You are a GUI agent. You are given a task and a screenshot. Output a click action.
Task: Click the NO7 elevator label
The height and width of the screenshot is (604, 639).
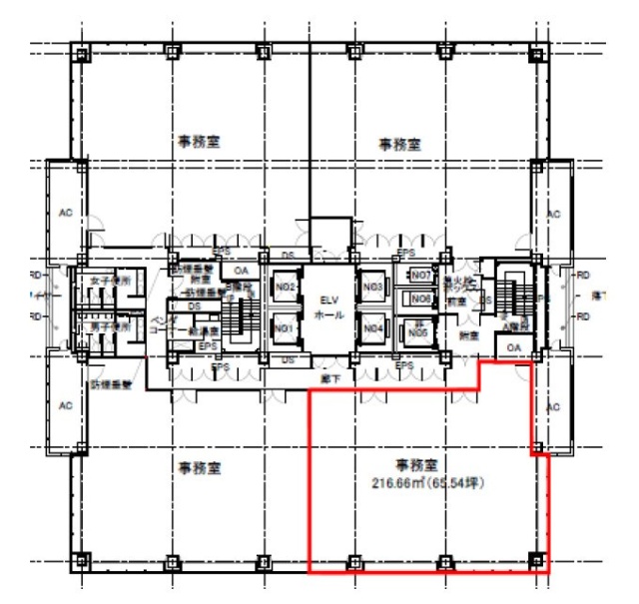420,275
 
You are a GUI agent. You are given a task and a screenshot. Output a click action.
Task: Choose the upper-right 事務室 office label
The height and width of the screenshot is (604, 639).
398,145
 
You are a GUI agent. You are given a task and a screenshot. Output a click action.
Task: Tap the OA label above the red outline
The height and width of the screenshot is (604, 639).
513,347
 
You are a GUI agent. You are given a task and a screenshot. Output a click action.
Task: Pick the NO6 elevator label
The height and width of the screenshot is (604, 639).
420,299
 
